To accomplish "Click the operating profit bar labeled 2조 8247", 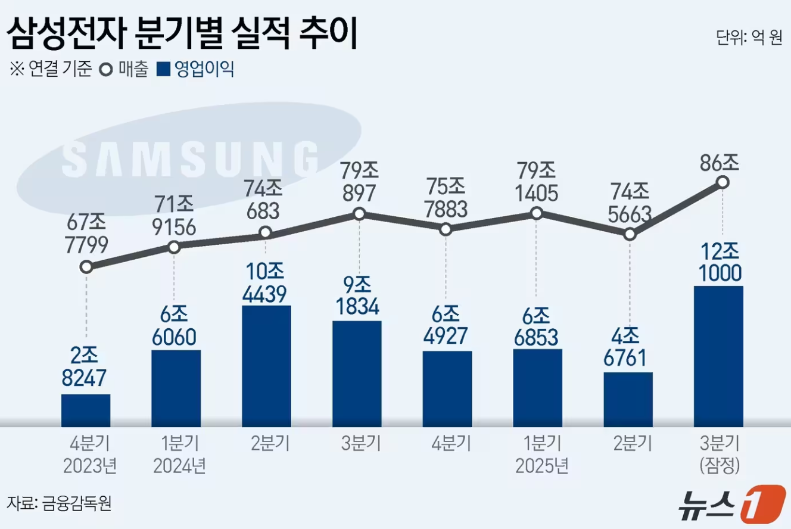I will click(86, 410).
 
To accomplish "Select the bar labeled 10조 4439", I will click(266, 366).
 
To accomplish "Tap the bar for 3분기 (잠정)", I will click(719, 356).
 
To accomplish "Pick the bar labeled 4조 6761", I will click(628, 399).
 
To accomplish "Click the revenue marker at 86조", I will click(723, 182).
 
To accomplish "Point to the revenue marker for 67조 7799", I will click(86, 266).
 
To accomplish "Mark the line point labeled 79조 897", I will click(359, 214).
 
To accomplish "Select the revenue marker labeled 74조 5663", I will click(630, 234).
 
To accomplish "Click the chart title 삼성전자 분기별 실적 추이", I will click(181, 35).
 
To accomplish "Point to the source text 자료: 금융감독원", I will click(60, 503).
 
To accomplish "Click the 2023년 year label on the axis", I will click(89, 465).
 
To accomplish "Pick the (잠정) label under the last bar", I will click(720, 465).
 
